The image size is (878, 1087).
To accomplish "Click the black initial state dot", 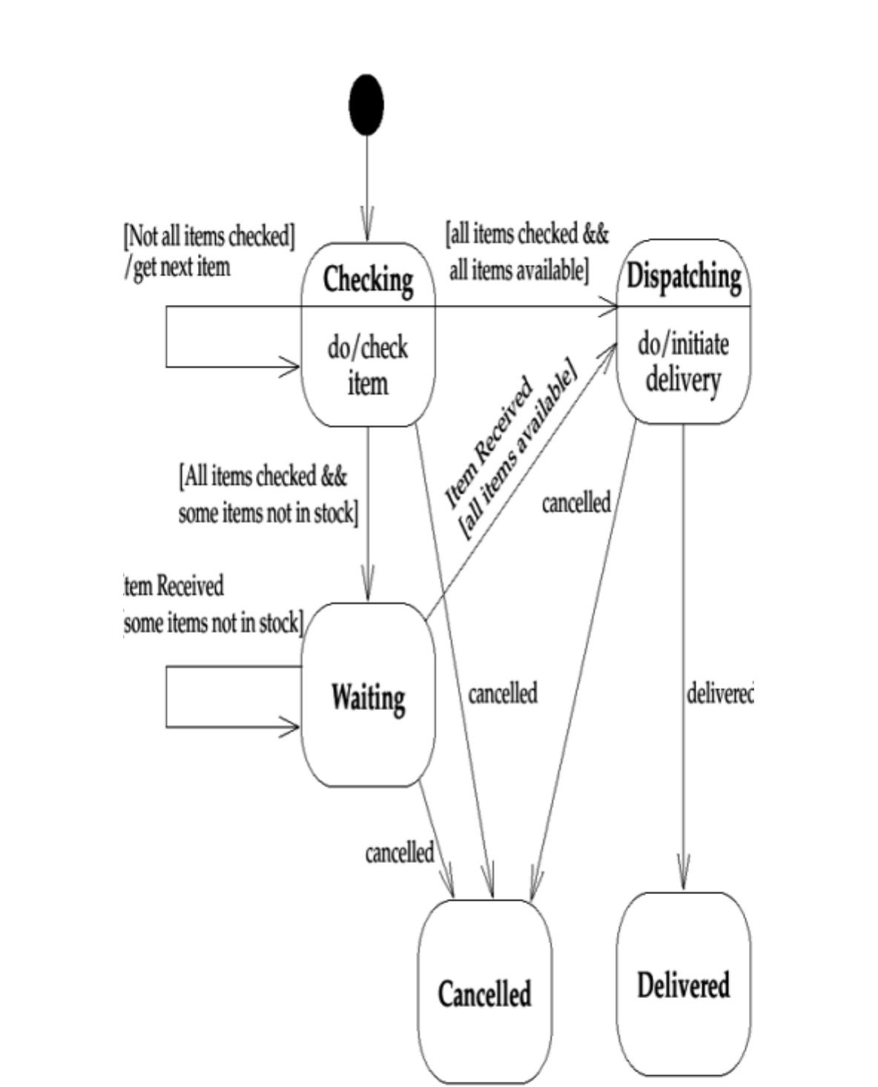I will (x=366, y=105).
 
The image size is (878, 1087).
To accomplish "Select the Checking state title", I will (x=368, y=280).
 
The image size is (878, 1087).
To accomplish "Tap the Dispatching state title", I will (x=684, y=276).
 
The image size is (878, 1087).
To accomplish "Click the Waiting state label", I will (x=368, y=697).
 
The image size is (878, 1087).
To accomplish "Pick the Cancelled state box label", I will (x=484, y=994).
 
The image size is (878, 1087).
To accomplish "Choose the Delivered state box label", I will (x=683, y=985).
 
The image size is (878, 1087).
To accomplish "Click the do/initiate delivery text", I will (x=683, y=361).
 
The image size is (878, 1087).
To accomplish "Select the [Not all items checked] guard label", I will (x=209, y=236).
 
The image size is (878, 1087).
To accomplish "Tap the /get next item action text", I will (x=178, y=266).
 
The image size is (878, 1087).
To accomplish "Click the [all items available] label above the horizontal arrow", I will (x=519, y=270).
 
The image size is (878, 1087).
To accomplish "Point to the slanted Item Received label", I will (x=488, y=443).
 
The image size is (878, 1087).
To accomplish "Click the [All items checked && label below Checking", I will (x=263, y=476).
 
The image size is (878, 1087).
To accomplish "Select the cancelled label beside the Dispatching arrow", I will (x=576, y=502).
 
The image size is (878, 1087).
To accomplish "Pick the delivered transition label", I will (x=719, y=694).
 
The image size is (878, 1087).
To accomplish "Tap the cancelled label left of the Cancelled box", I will (x=399, y=853).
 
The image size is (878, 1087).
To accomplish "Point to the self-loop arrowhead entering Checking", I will (x=291, y=366).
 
